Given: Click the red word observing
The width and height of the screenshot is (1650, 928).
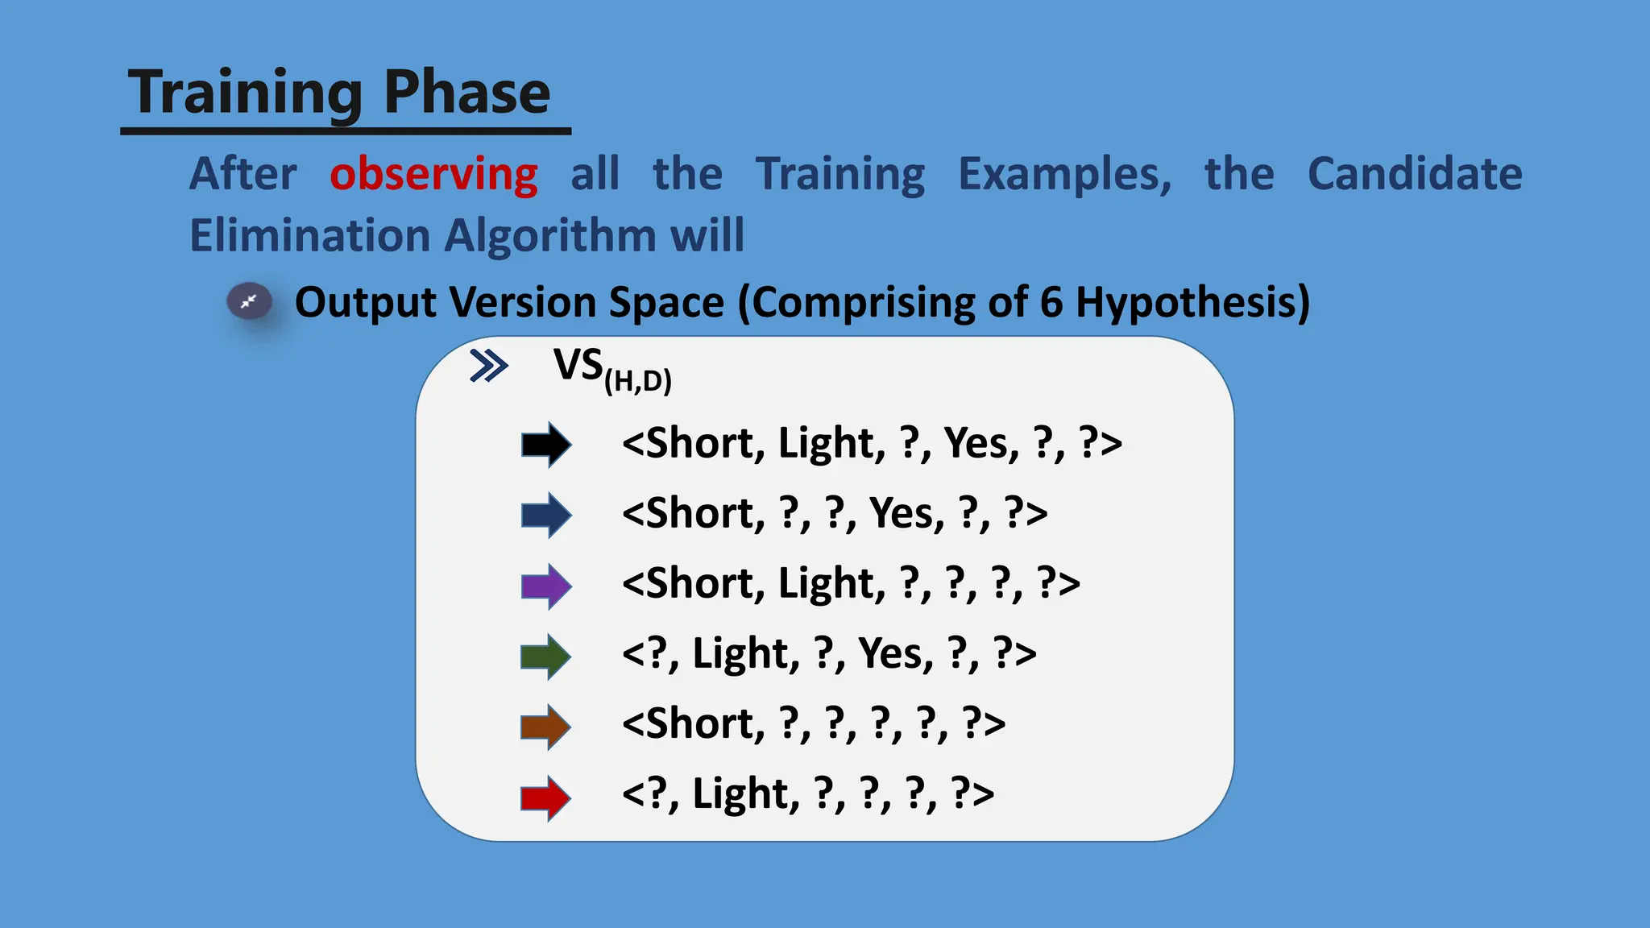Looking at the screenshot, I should pyautogui.click(x=433, y=175).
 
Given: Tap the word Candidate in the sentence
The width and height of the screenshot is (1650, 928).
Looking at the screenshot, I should pyautogui.click(x=1415, y=174).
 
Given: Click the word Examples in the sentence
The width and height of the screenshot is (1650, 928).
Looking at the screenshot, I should pyautogui.click(x=1064, y=175).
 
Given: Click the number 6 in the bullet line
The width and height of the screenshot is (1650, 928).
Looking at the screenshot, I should pyautogui.click(x=1051, y=303).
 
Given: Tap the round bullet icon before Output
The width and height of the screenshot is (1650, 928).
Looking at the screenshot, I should pyautogui.click(x=250, y=302).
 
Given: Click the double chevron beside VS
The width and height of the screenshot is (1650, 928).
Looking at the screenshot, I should pyautogui.click(x=488, y=366).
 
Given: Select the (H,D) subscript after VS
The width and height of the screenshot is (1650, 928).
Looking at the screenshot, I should pyautogui.click(x=637, y=380).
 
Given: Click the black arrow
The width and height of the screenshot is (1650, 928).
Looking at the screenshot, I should pyautogui.click(x=546, y=444).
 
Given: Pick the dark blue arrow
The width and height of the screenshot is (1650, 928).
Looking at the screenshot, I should pyautogui.click(x=546, y=515).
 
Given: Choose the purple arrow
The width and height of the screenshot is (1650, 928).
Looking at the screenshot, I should pyautogui.click(x=546, y=586).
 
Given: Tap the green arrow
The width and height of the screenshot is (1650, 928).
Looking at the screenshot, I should pyautogui.click(x=546, y=657).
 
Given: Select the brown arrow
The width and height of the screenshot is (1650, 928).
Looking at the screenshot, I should pyautogui.click(x=546, y=727).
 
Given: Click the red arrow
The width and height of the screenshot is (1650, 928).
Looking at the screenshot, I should pyautogui.click(x=546, y=797).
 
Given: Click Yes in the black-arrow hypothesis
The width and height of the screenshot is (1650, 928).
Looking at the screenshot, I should pyautogui.click(x=980, y=443).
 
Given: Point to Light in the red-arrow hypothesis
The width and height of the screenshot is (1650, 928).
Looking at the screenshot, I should pyautogui.click(x=744, y=794).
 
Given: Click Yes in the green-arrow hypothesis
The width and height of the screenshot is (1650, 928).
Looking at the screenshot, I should pyautogui.click(x=895, y=653).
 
